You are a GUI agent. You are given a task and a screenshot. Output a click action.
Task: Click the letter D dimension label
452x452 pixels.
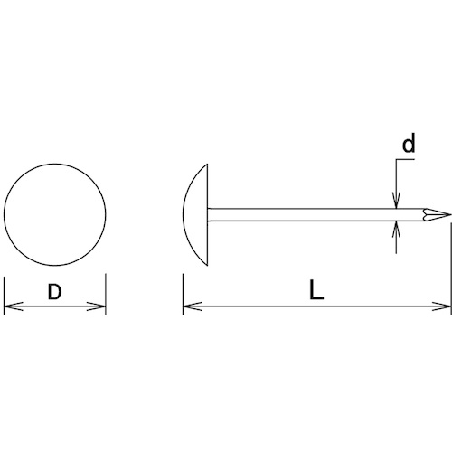(54, 292)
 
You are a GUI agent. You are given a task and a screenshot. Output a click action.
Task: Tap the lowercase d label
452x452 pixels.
(409, 143)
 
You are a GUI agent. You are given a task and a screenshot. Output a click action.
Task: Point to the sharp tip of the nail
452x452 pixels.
(451, 215)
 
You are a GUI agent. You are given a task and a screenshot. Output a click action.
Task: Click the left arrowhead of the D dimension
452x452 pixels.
(14, 306)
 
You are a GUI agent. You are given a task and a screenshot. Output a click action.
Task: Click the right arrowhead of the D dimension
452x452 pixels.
(97, 306)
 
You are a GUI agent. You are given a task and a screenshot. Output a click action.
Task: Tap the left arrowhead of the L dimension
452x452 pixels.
(193, 306)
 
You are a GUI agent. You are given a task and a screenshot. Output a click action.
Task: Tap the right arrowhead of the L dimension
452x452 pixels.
(441, 306)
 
